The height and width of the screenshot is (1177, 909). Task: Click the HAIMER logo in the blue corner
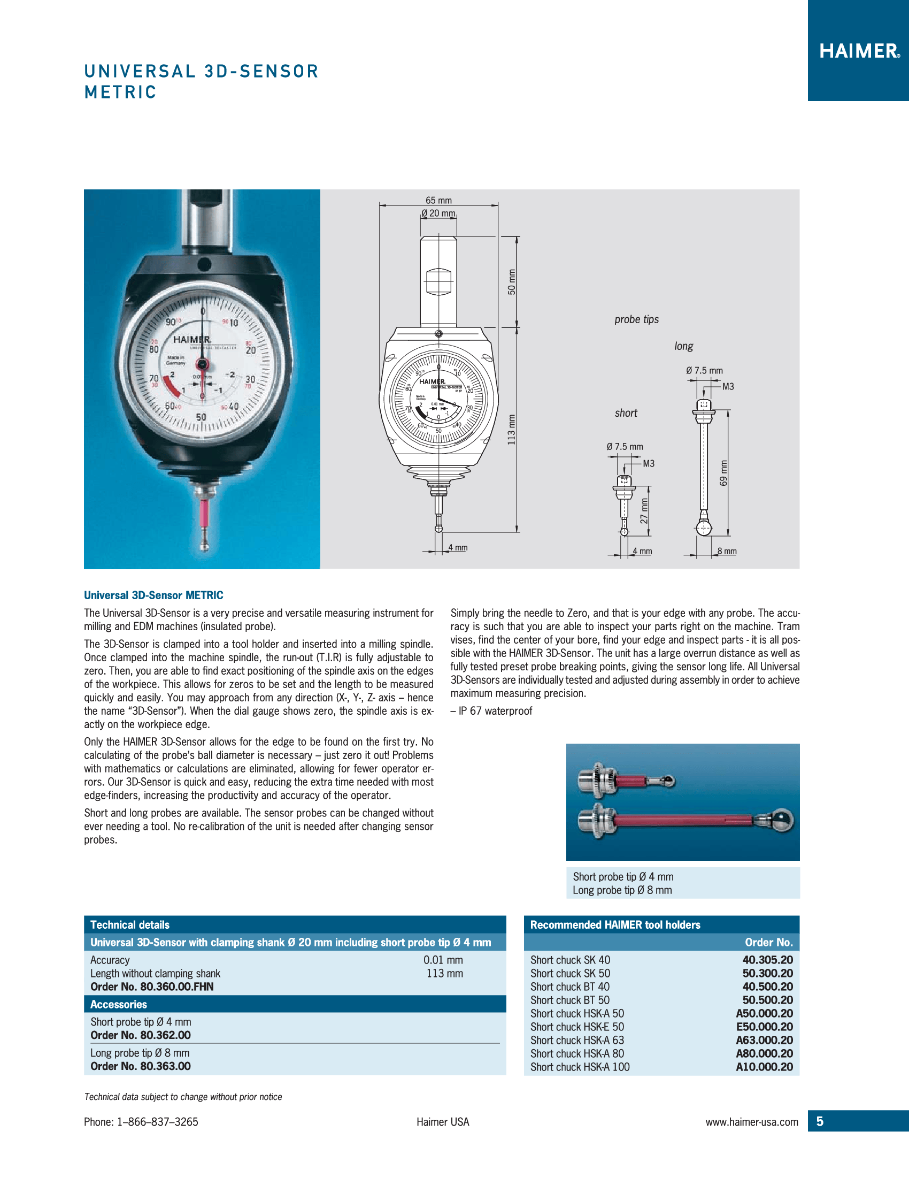859,51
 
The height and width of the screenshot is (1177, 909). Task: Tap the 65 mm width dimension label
438,201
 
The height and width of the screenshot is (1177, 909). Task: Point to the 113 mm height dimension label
512,430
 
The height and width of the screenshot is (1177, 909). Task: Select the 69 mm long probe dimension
724,472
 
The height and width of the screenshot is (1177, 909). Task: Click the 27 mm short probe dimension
644,511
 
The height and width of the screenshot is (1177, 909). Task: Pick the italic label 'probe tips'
636,319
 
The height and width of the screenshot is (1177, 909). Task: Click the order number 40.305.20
767,960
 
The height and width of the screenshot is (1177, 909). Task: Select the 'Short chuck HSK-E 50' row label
577,1027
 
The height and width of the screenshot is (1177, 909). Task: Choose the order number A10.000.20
764,1067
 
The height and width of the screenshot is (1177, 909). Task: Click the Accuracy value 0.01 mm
443,960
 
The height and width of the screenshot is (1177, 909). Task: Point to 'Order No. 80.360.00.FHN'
152,987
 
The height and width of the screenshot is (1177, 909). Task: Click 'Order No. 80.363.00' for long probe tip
141,1066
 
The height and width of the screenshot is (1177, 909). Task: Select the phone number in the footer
141,1122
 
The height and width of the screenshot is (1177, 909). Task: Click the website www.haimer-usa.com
752,1122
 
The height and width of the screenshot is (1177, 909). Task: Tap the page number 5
820,1121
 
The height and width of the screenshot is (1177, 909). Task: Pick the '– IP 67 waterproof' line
491,711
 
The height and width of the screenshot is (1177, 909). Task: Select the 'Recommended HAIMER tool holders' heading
615,925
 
